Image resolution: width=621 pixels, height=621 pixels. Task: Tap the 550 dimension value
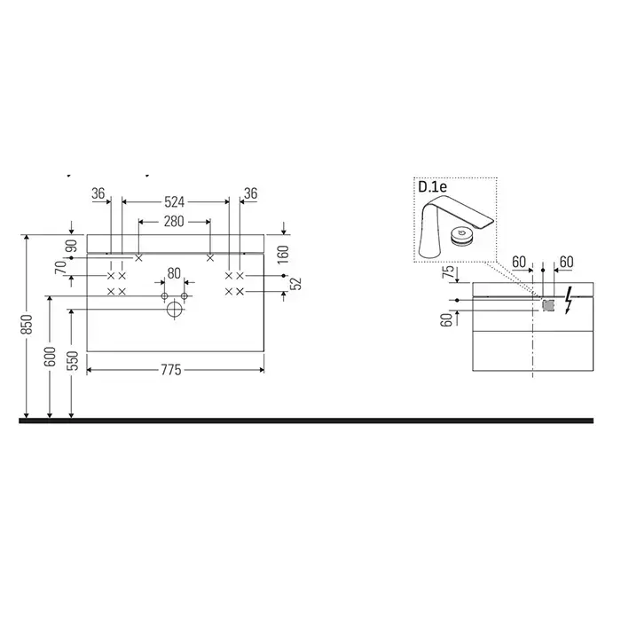pos(74,361)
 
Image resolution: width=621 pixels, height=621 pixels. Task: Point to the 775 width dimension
pos(171,370)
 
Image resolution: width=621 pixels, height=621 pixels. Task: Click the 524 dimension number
pos(174,202)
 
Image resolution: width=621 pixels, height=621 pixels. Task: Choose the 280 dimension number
pos(174,222)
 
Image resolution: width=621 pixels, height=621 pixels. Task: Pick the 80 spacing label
pos(174,273)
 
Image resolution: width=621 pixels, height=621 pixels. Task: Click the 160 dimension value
pos(284,255)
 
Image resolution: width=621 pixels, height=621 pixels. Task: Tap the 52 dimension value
pos(296,284)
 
